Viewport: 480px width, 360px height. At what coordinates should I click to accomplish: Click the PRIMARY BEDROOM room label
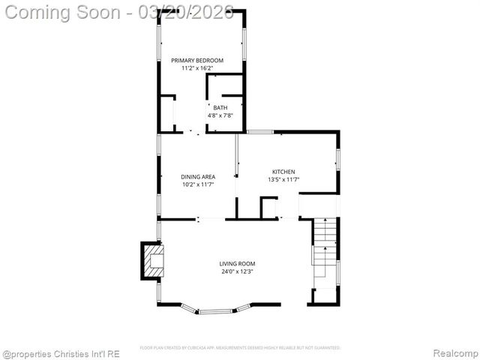pos(197,60)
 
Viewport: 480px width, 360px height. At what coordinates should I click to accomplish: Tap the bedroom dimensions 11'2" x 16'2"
pos(197,68)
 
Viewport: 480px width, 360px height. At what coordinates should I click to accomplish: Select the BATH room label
pos(220,107)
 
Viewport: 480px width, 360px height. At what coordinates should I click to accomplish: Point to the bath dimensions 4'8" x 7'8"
pos(220,115)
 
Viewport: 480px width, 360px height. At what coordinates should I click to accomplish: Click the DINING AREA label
pos(198,177)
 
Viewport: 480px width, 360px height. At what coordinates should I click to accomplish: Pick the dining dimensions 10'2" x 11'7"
pos(198,184)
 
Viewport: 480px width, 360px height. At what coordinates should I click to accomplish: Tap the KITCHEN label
pos(283,172)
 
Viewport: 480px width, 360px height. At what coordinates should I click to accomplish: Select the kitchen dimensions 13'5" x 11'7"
pos(283,180)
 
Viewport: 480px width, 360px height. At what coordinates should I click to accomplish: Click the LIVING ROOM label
pos(237,263)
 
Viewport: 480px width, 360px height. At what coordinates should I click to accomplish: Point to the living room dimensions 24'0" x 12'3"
pos(237,271)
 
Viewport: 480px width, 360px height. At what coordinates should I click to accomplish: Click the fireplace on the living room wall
pos(153,259)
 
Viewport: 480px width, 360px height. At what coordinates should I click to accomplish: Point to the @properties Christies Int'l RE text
pos(61,352)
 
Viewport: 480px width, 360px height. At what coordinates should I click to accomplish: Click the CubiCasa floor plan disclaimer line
pos(240,348)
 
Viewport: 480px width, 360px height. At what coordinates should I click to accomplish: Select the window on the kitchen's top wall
pos(260,133)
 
